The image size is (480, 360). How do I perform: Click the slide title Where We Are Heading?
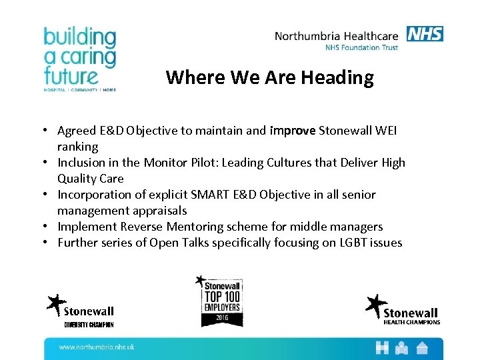click(269, 78)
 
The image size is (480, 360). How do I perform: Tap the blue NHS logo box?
click(425, 33)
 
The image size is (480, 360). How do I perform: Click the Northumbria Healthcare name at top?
click(337, 36)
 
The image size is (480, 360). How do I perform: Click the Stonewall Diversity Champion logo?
click(80, 310)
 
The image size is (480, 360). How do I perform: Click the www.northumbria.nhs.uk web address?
click(97, 347)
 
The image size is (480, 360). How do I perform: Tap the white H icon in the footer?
click(382, 347)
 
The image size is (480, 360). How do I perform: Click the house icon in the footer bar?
click(422, 347)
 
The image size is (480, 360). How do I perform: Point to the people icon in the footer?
click(402, 347)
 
